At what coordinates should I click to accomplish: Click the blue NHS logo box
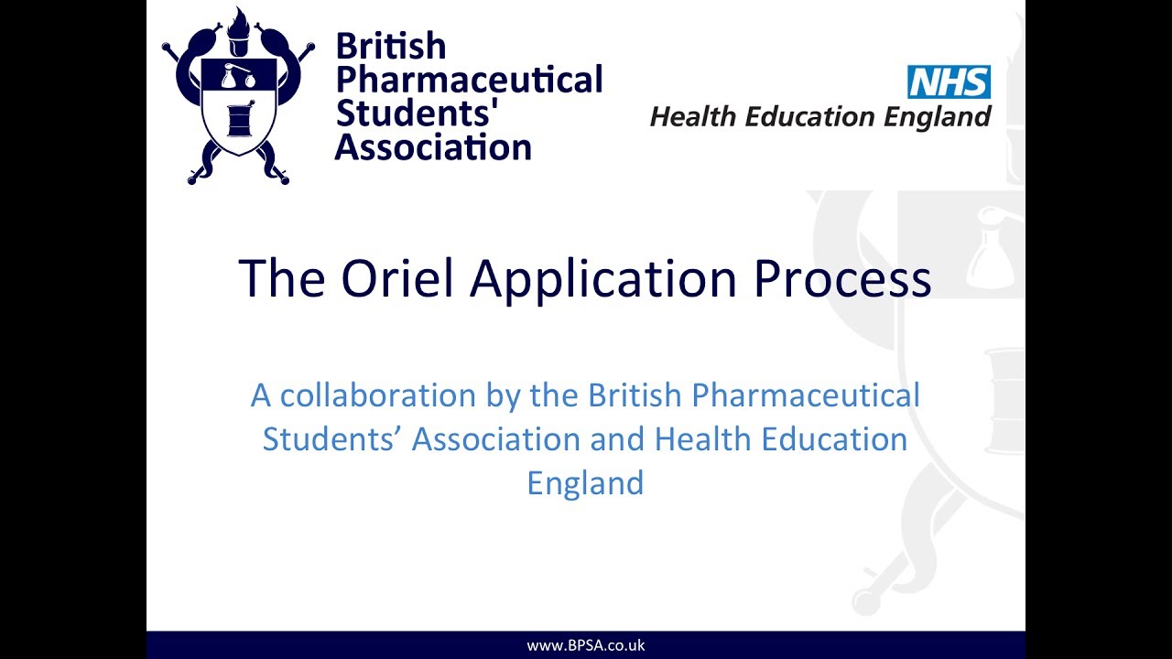click(949, 81)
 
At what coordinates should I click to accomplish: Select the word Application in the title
click(603, 279)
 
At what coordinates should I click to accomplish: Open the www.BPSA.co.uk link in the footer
click(586, 645)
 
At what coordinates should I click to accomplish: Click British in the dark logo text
click(391, 46)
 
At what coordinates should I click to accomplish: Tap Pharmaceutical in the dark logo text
click(470, 81)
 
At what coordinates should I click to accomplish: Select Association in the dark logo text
click(433, 146)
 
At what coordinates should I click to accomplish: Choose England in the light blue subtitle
click(585, 482)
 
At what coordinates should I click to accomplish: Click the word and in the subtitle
click(617, 439)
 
